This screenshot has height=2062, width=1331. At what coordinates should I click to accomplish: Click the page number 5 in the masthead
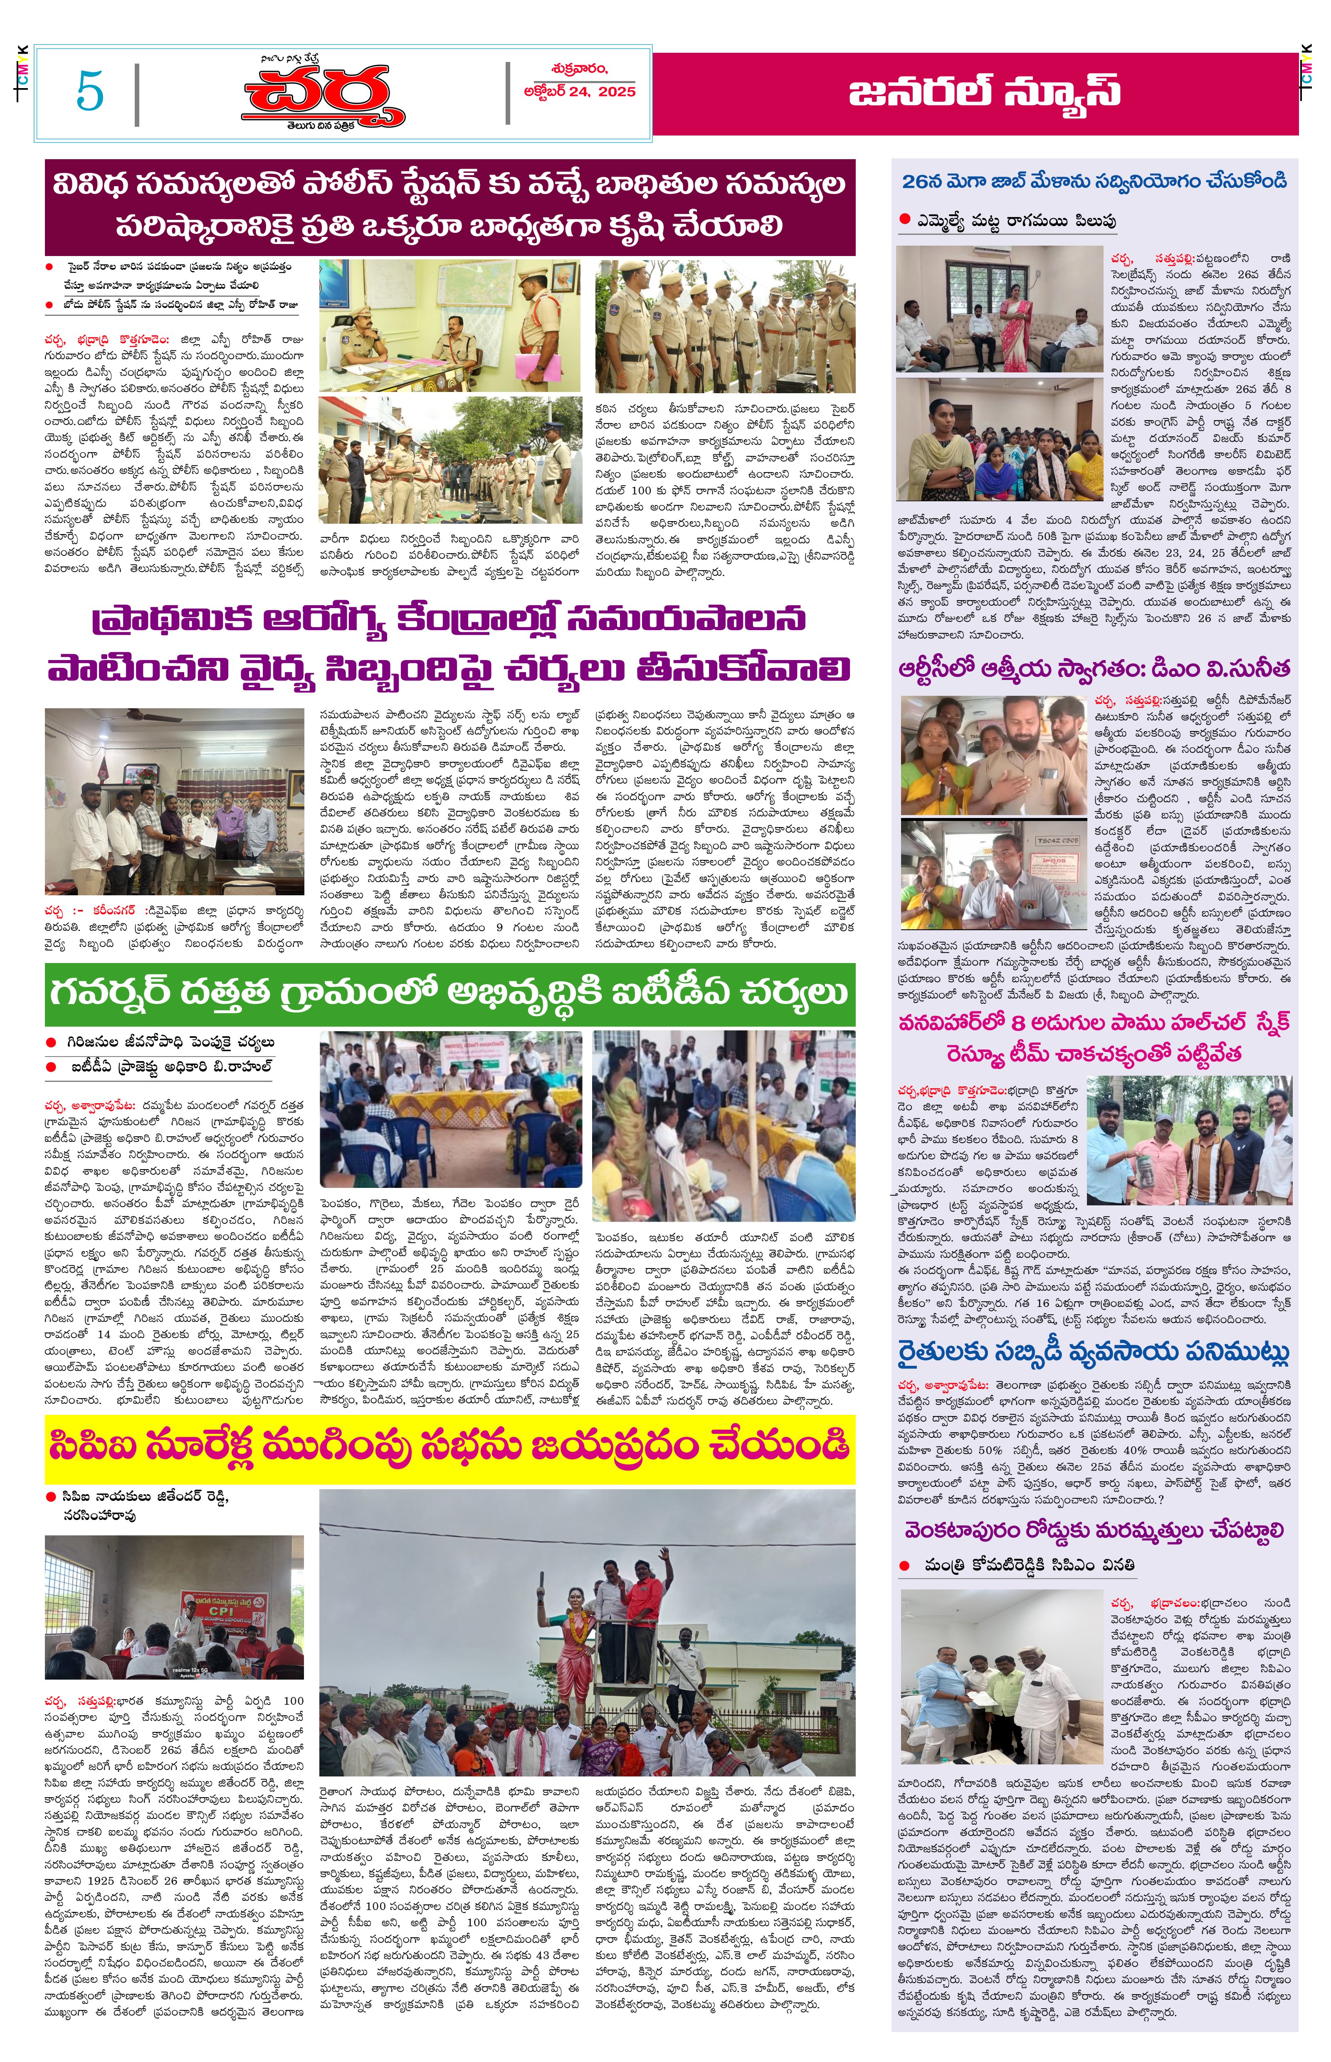[90, 91]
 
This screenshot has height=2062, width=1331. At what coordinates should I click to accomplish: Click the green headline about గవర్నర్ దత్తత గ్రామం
[449, 993]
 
